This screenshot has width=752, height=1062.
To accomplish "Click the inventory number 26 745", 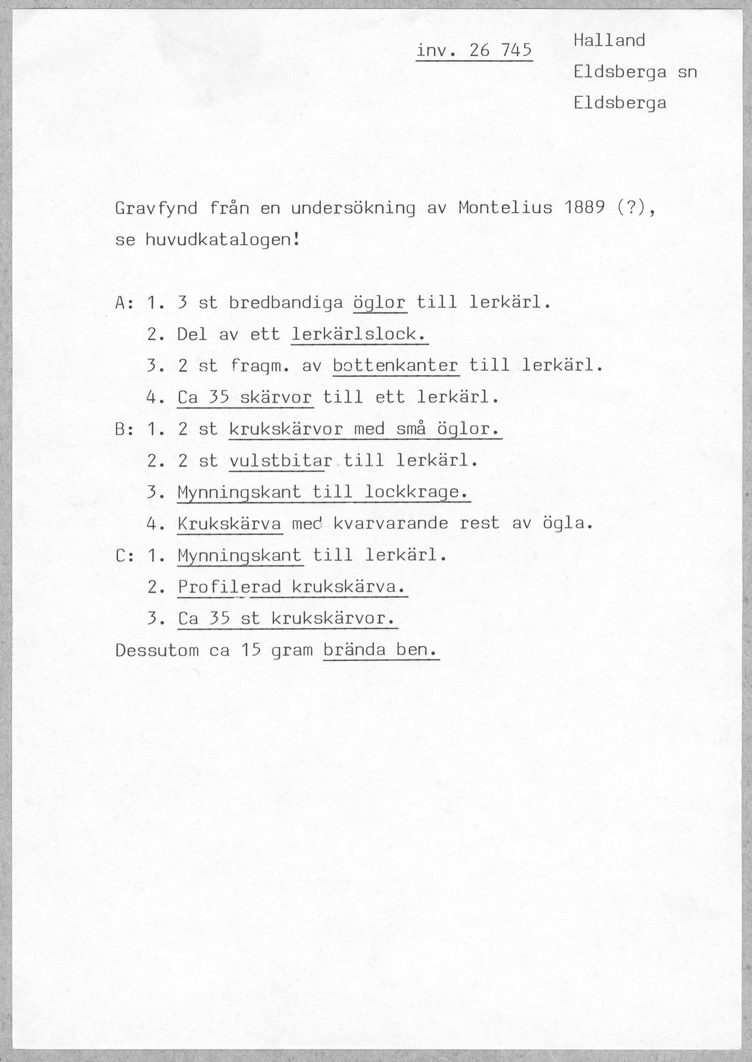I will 500,50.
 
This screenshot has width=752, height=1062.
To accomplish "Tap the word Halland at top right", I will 609,41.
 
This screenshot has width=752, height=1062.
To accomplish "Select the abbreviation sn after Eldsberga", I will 687,72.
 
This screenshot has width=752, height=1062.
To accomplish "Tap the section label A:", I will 125,303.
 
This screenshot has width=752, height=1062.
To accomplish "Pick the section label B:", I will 125,429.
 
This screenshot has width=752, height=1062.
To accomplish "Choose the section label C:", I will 125,555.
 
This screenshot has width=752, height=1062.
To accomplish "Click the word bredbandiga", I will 286,303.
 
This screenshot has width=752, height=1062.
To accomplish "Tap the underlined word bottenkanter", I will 395,366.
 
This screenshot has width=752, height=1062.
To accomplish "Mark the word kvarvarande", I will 391,524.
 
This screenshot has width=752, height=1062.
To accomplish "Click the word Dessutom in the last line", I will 157,651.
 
